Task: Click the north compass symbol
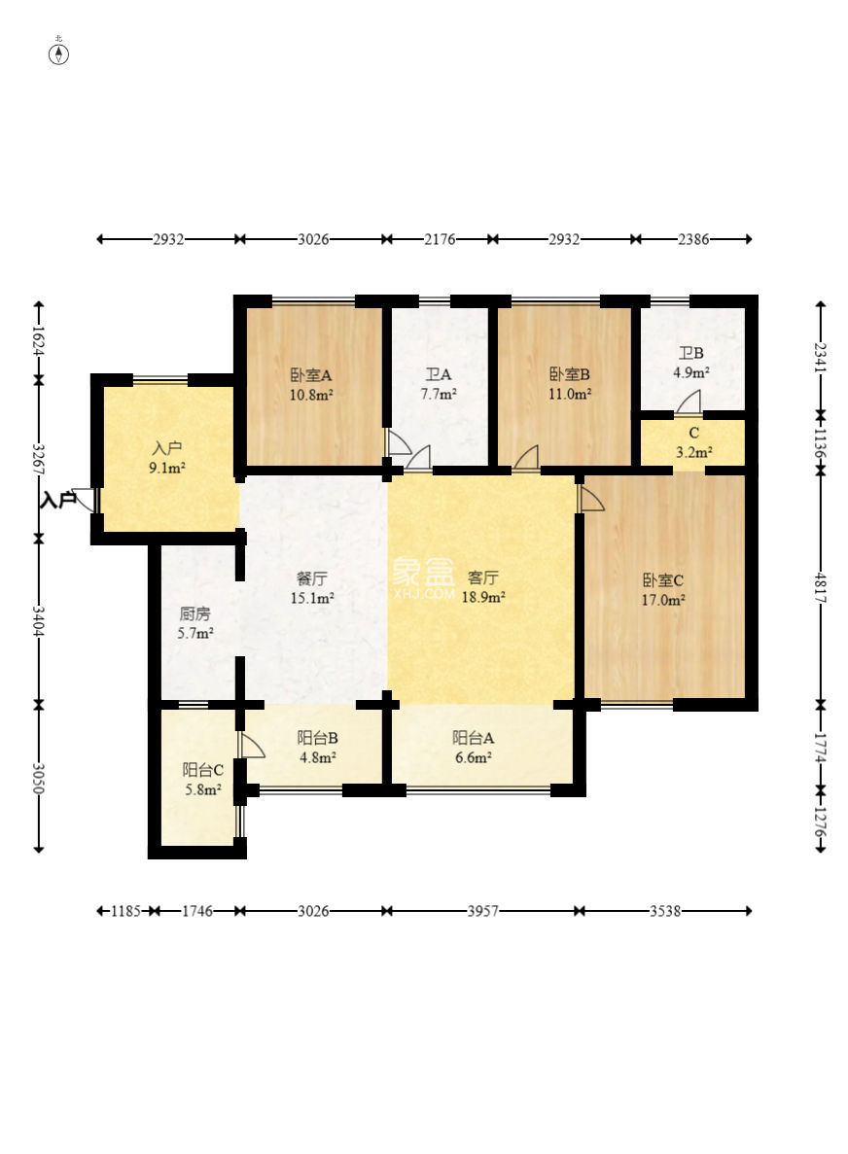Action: (59, 53)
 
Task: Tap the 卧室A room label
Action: (310, 375)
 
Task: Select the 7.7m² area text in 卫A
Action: (439, 394)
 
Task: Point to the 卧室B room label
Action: (570, 374)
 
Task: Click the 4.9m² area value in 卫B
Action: (691, 372)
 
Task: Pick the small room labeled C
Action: (693, 434)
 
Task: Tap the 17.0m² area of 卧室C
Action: (663, 600)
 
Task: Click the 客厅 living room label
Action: (483, 577)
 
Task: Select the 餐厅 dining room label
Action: (311, 579)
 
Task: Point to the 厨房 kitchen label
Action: (195, 613)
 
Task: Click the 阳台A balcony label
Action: (473, 738)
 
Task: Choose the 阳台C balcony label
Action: (203, 771)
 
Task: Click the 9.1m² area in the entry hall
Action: (167, 468)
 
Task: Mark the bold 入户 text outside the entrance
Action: (57, 502)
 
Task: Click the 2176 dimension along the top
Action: (440, 239)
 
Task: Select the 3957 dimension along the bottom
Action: (483, 911)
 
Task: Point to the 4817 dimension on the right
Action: (821, 589)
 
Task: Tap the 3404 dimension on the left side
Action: (39, 622)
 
